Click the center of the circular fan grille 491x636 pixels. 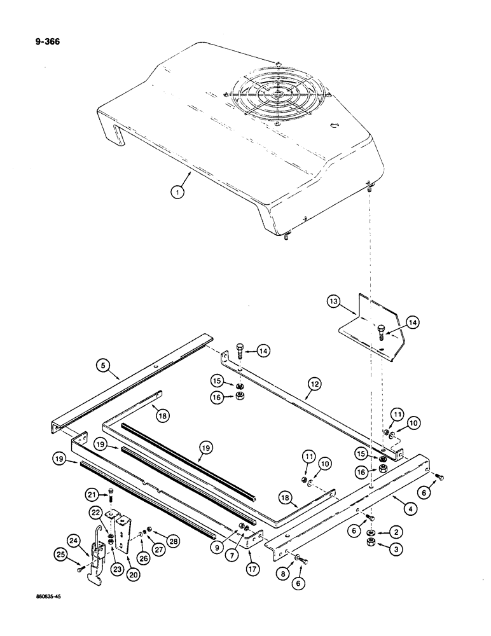(278, 96)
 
